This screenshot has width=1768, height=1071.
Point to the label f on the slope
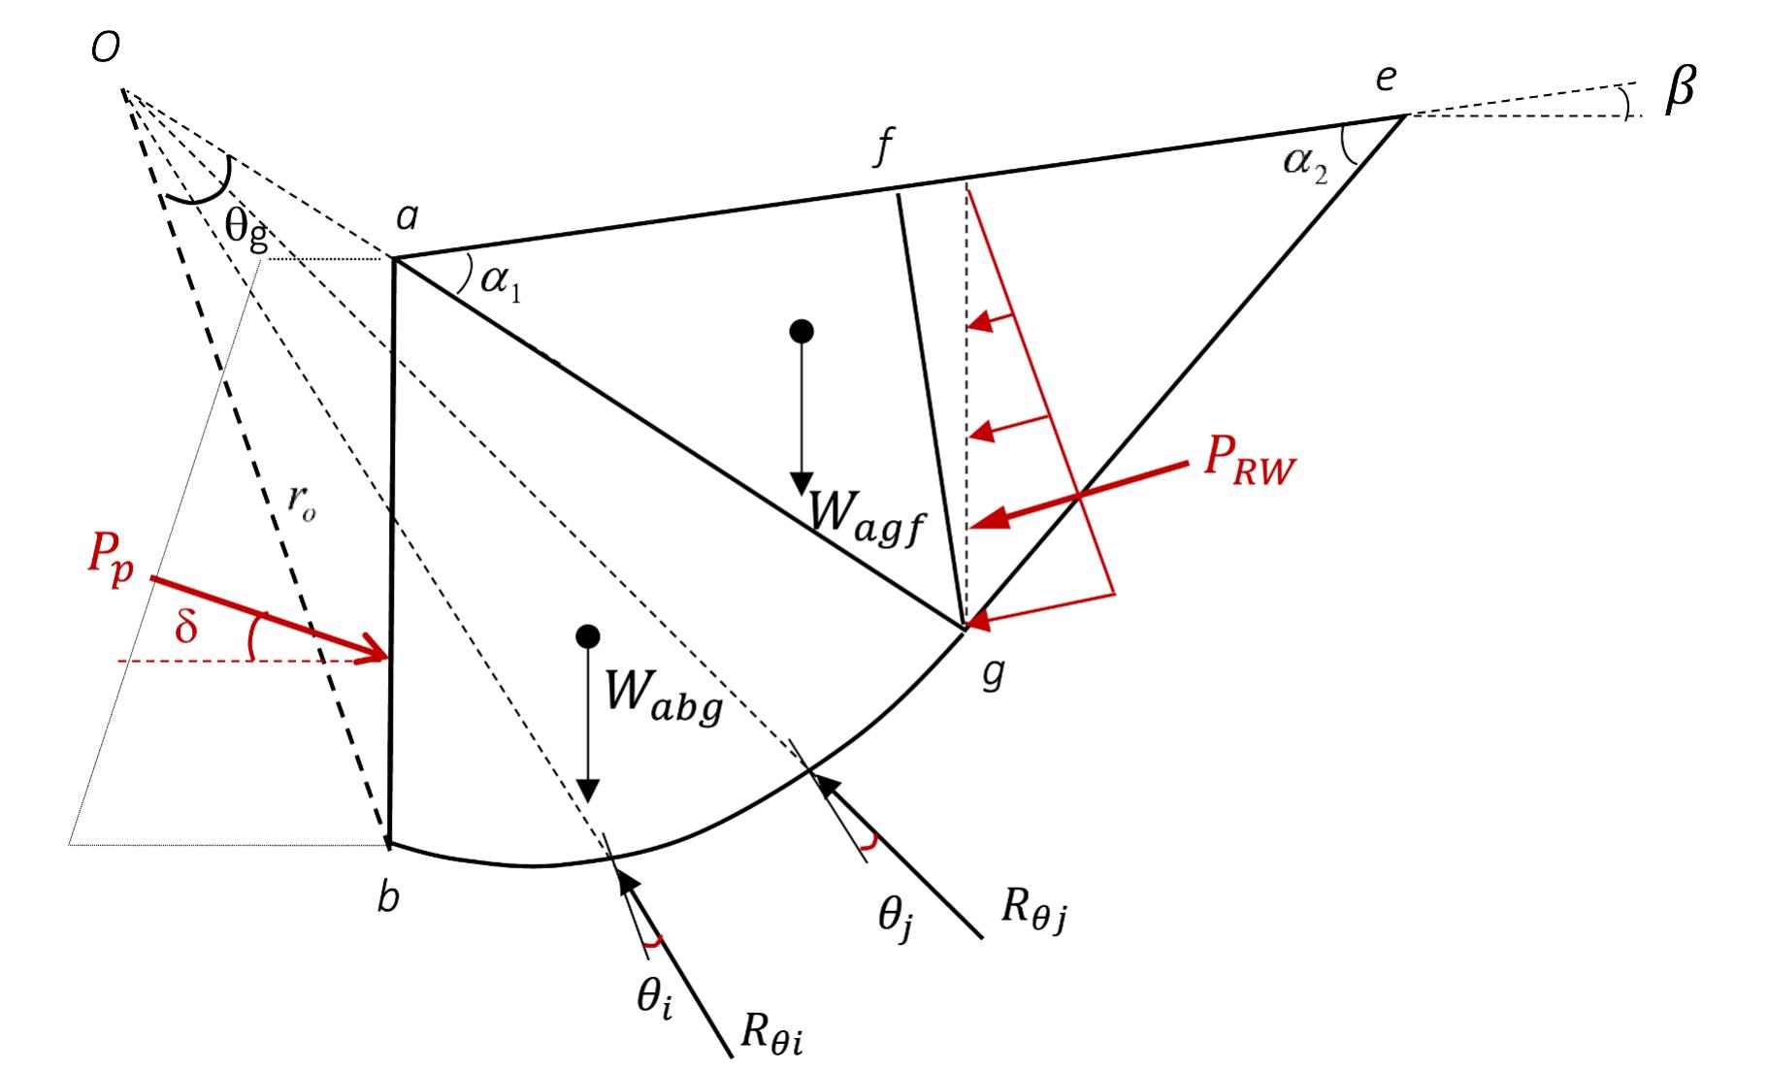(882, 148)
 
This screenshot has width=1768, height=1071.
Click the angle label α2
(1304, 161)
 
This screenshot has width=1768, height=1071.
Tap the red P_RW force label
(1249, 457)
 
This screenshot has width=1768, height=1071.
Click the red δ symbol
(185, 627)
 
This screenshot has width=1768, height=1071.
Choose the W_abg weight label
(664, 696)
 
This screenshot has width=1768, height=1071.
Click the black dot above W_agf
(802, 332)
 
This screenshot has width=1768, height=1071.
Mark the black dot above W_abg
(588, 636)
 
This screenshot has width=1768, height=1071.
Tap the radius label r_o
(302, 503)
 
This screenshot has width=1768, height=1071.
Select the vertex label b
(388, 898)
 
